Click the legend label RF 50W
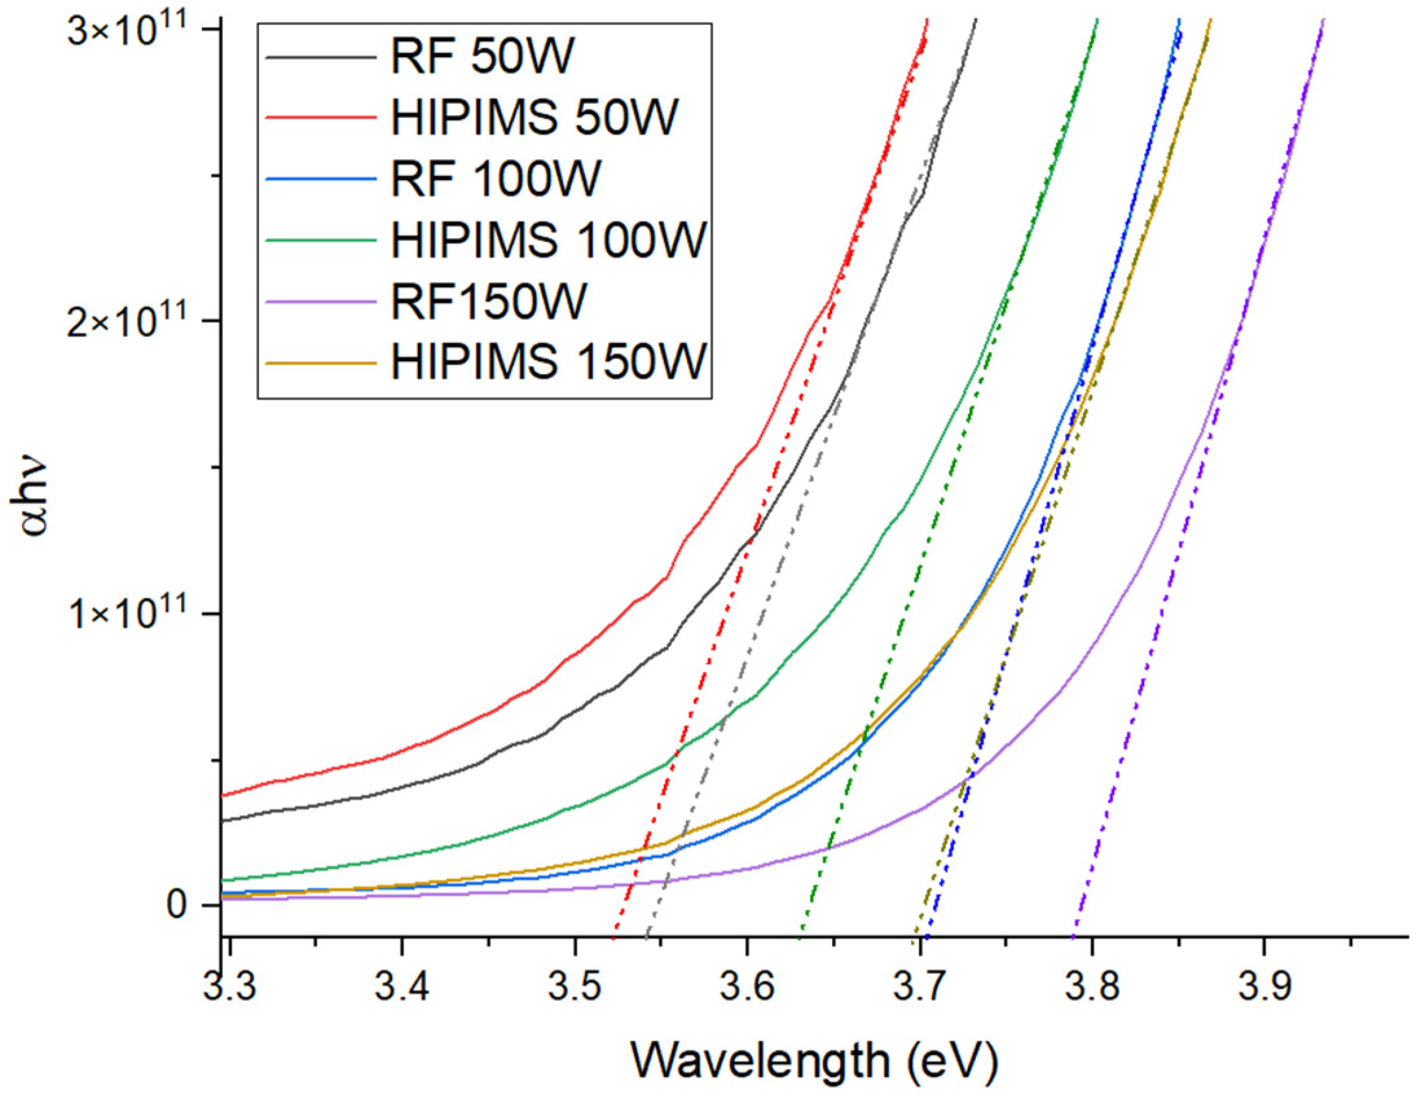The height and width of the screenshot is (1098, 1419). click(x=482, y=57)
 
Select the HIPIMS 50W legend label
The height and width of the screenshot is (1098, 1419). click(x=534, y=118)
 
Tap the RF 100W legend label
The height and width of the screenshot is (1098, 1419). click(x=495, y=179)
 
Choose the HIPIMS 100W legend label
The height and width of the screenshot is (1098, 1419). click(x=547, y=240)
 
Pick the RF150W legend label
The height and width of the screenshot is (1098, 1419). click(x=488, y=301)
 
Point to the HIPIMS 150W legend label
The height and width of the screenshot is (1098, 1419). click(x=547, y=361)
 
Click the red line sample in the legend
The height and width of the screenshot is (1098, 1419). click(x=321, y=118)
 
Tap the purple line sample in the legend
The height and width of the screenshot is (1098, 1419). click(x=321, y=301)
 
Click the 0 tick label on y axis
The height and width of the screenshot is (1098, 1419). click(x=178, y=905)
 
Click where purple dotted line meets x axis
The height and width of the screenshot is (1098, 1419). click(x=1073, y=936)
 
